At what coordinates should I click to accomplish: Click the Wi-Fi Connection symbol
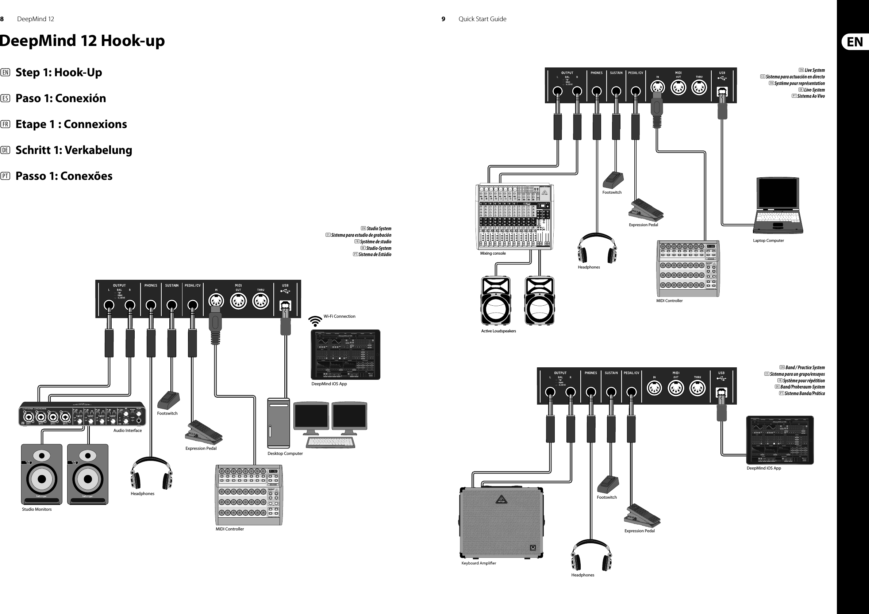[x=315, y=321]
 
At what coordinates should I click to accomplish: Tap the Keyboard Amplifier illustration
[x=501, y=523]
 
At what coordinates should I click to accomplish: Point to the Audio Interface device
[x=82, y=414]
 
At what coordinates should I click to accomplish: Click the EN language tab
[x=855, y=42]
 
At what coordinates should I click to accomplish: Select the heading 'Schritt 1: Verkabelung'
[x=73, y=150]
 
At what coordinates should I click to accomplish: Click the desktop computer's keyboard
[x=330, y=442]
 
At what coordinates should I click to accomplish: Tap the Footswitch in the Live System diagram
[x=613, y=181]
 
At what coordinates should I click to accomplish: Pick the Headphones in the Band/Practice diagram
[x=591, y=555]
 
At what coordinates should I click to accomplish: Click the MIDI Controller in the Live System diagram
[x=688, y=269]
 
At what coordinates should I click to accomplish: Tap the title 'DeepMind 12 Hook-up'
[x=82, y=41]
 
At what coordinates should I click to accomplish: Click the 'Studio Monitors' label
[x=37, y=510]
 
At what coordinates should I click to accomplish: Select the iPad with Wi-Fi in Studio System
[x=345, y=355]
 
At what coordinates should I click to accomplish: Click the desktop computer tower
[x=278, y=423]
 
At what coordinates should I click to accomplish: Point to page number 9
[x=443, y=19]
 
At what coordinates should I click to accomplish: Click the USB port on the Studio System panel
[x=285, y=305]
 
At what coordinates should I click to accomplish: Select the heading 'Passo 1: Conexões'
[x=64, y=176]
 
